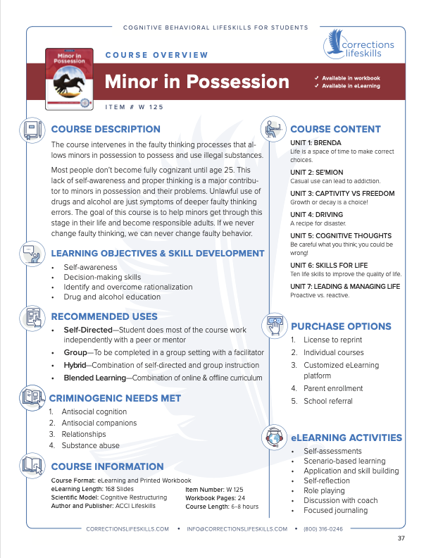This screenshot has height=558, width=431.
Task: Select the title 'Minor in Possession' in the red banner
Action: point(197,81)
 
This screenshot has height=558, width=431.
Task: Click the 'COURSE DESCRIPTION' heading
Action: point(106,130)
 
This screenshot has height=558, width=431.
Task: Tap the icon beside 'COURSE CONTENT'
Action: point(273,130)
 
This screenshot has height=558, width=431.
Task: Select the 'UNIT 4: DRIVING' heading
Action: point(317,215)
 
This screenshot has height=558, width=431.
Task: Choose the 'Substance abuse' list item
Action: point(90,445)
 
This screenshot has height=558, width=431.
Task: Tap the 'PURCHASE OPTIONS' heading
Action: point(341,326)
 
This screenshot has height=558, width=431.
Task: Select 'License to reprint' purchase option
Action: point(332,340)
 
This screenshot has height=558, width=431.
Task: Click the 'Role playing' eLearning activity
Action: point(324,490)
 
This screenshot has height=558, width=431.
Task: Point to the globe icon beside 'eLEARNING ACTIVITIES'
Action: point(273,437)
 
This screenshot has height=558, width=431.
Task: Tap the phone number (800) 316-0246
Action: point(323,528)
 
